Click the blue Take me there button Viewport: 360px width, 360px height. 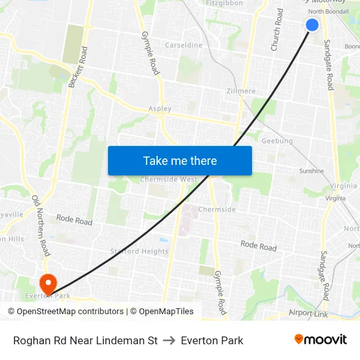pyautogui.click(x=180, y=160)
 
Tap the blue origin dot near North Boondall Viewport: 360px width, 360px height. pyautogui.click(x=312, y=25)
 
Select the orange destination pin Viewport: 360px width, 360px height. pyautogui.click(x=48, y=283)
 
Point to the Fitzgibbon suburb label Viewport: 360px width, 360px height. pyautogui.click(x=225, y=3)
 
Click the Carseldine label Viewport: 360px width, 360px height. pyautogui.click(x=183, y=45)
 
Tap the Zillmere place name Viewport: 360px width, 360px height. pyautogui.click(x=240, y=91)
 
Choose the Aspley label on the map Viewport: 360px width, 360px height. pyautogui.click(x=160, y=109)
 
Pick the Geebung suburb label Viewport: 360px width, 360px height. pyautogui.click(x=277, y=141)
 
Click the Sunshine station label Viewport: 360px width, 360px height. pyautogui.click(x=312, y=171)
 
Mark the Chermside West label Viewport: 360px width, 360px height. pyautogui.click(x=168, y=179)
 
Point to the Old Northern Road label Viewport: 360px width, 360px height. pyautogui.click(x=41, y=225)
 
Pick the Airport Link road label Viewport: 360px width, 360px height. pyautogui.click(x=309, y=314)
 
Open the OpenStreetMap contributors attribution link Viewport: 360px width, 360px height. pyautogui.click(x=70, y=312)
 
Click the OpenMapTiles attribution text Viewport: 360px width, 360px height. pyautogui.click(x=166, y=312)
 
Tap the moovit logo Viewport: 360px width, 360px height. pyautogui.click(x=321, y=339)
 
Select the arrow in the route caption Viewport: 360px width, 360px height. pyautogui.click(x=169, y=340)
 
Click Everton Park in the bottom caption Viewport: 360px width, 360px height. pyautogui.click(x=212, y=340)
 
